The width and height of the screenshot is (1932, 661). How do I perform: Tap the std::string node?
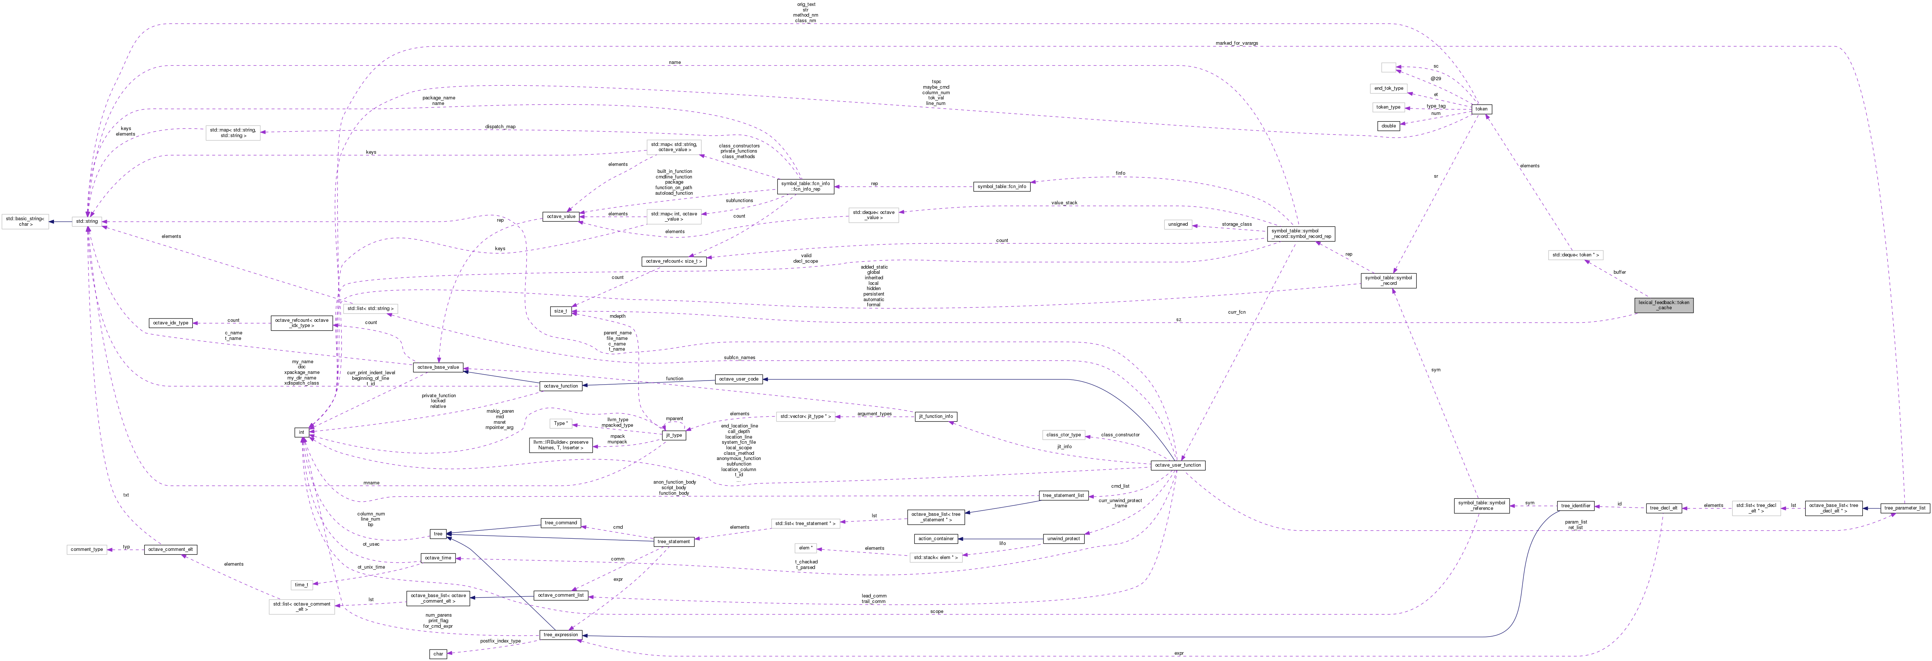(x=87, y=221)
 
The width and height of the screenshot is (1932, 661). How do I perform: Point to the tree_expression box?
(x=560, y=635)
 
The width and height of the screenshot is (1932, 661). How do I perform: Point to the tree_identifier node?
(x=1576, y=506)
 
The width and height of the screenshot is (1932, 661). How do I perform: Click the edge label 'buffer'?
(x=1619, y=272)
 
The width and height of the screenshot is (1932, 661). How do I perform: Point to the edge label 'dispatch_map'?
(x=500, y=127)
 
